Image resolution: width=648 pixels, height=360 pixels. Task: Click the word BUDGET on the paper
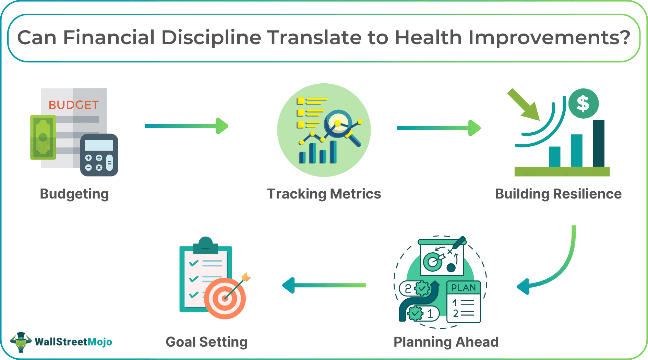(x=74, y=105)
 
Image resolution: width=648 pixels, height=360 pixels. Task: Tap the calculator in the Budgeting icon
(x=99, y=155)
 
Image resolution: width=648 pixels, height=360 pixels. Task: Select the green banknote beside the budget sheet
(x=43, y=137)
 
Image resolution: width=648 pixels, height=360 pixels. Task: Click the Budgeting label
(x=74, y=194)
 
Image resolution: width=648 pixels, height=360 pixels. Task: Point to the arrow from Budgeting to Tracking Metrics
(x=187, y=126)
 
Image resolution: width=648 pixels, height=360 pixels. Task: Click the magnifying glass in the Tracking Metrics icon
(x=341, y=127)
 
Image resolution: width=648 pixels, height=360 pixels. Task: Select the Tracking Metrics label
(x=324, y=194)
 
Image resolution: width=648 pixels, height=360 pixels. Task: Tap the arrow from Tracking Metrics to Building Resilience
(x=439, y=128)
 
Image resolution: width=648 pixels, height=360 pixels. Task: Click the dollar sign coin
(x=584, y=104)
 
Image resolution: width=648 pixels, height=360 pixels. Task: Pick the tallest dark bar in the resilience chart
(x=599, y=143)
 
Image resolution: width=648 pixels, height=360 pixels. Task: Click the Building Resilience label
(x=558, y=194)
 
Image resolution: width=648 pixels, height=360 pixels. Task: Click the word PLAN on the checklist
(x=464, y=287)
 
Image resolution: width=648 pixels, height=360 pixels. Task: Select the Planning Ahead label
(x=446, y=342)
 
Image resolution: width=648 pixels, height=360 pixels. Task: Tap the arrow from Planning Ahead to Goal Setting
(x=324, y=285)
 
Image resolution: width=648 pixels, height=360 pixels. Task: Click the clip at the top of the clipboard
(x=206, y=245)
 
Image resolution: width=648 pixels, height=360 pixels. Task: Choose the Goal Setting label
(x=207, y=342)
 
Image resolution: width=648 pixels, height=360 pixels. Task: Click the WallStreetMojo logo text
(x=73, y=342)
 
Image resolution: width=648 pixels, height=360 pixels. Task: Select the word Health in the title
(x=428, y=37)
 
